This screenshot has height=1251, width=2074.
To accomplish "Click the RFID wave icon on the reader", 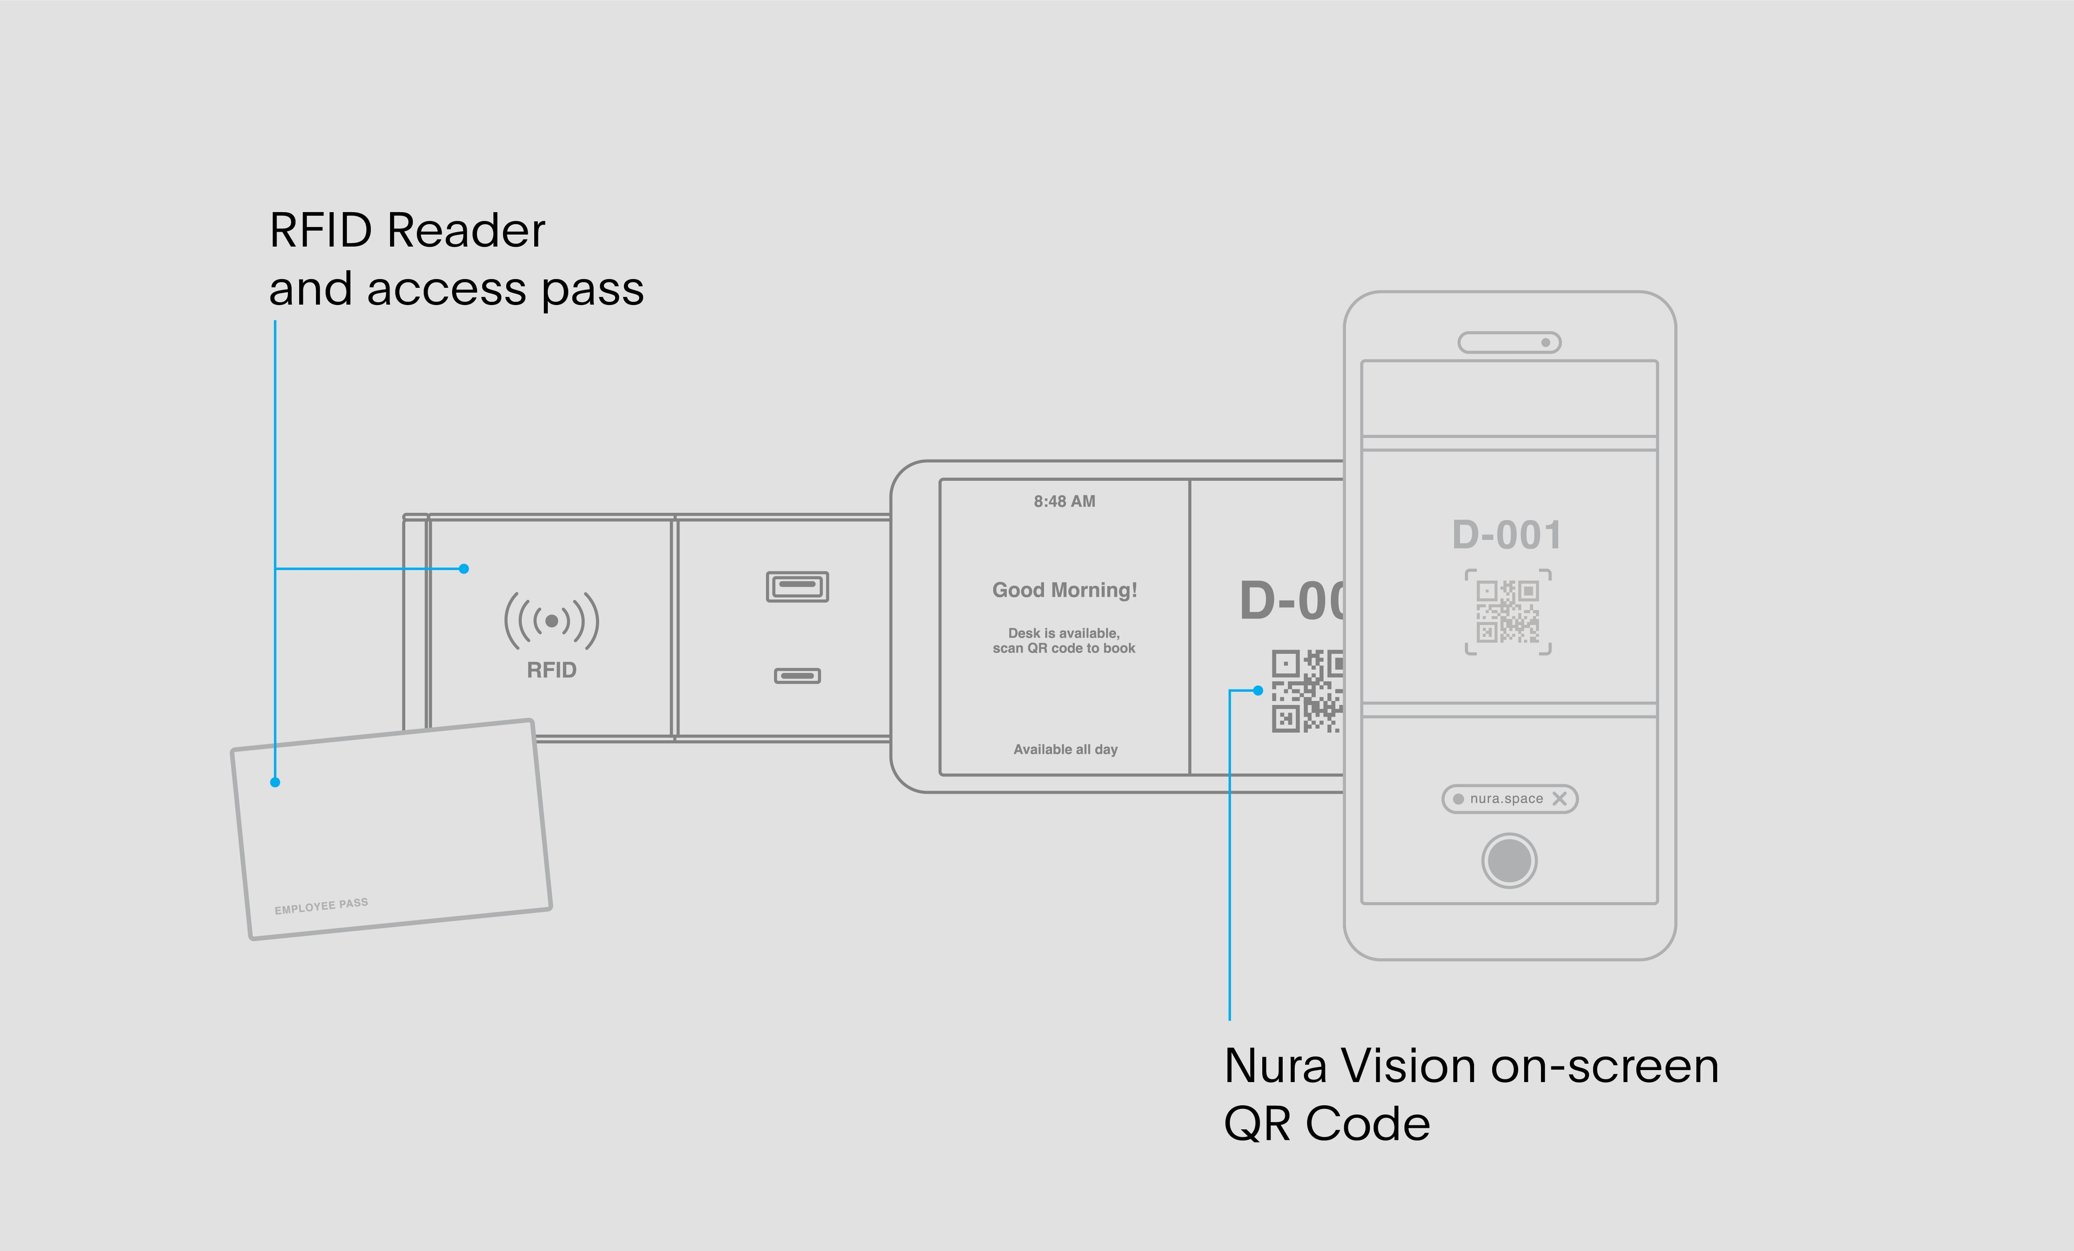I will (551, 621).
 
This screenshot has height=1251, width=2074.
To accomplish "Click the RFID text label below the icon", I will (551, 670).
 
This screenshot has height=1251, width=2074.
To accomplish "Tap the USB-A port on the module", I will (797, 586).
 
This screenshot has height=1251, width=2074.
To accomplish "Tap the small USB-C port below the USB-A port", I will (797, 675).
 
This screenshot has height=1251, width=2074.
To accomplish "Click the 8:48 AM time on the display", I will (1064, 502).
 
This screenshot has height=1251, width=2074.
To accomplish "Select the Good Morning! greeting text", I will (1064, 590).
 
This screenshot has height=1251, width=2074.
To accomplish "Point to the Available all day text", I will (1065, 749).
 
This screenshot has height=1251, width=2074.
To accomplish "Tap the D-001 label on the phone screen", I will (1507, 535).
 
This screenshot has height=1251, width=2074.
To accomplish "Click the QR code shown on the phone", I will (1507, 612).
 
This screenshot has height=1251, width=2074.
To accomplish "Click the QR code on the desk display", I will (1307, 691).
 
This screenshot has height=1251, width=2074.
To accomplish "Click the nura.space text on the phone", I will (1506, 799).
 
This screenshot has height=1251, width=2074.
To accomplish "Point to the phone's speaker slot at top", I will (1509, 342).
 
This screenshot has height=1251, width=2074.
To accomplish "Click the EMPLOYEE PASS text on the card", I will (321, 906).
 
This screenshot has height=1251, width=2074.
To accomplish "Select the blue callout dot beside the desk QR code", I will (1257, 691).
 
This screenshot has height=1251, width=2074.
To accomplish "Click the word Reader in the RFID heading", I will (466, 231).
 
